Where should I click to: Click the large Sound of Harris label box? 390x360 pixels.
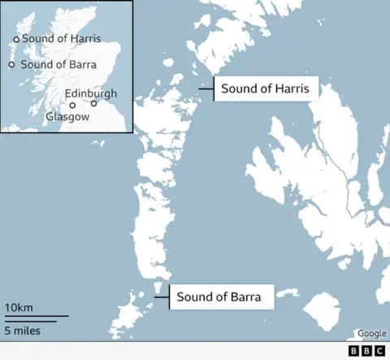coord(265,89)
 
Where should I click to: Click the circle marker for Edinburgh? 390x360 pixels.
coord(94,103)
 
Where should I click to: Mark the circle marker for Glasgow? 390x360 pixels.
coord(72,105)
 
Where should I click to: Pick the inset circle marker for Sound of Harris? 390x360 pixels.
coord(15,39)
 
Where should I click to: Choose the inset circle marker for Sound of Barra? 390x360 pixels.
coord(11,64)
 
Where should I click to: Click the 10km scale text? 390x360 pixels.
coord(19,307)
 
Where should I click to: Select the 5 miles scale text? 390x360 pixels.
coord(22,331)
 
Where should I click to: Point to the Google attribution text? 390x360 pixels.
coord(371,333)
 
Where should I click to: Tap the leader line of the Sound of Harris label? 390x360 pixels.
coord(206,89)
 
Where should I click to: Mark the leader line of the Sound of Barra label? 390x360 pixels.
coord(161,297)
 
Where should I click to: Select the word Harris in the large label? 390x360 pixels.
coord(290,89)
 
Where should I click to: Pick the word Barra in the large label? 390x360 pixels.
coord(245,297)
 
